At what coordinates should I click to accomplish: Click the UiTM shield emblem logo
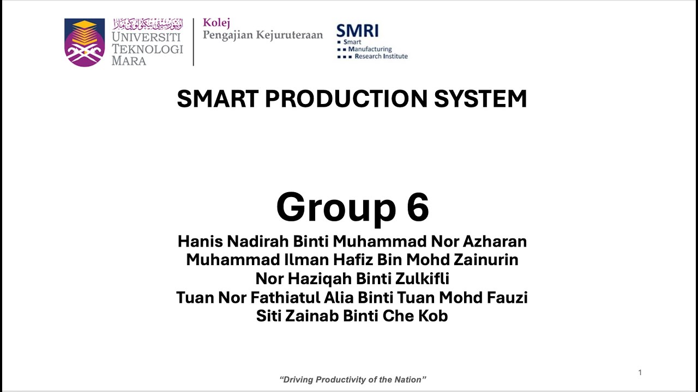point(85,42)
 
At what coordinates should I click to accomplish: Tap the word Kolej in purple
point(216,23)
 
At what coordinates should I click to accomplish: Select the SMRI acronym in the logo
point(357,30)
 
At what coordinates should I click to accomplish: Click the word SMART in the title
point(217,99)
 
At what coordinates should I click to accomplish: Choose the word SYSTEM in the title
point(480,99)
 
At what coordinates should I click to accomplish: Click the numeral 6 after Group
point(417,207)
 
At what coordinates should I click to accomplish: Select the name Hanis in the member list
point(200,241)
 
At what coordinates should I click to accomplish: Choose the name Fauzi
point(507,298)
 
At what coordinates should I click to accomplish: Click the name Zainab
point(312,316)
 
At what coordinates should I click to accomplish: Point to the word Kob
point(433,316)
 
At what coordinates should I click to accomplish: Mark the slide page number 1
point(640,372)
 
